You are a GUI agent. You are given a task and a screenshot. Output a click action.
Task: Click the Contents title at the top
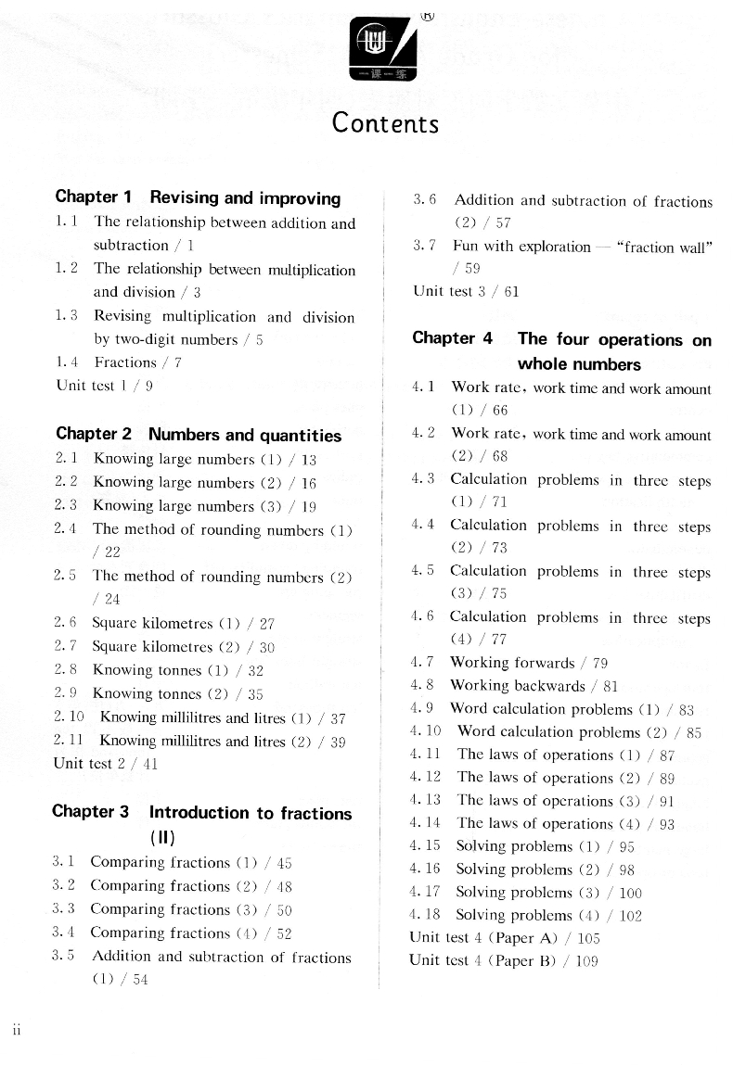(385, 122)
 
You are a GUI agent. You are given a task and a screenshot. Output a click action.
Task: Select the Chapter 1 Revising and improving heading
(198, 197)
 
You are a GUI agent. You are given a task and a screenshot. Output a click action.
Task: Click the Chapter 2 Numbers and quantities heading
(199, 435)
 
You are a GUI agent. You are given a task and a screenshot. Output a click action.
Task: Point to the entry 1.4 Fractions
(119, 362)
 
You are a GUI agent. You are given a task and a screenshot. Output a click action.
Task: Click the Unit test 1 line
(104, 386)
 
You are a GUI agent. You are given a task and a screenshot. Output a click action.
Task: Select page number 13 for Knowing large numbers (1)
(309, 460)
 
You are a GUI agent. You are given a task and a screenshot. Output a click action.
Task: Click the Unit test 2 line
(106, 765)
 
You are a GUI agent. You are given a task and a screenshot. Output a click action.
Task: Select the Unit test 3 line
(466, 291)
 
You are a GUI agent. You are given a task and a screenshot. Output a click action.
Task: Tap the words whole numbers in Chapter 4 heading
(579, 364)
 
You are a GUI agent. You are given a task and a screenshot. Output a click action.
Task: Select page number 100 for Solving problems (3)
(630, 894)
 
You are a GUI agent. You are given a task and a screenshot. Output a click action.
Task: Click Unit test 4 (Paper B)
(504, 961)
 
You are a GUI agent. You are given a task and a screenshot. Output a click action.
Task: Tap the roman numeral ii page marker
(17, 1029)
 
